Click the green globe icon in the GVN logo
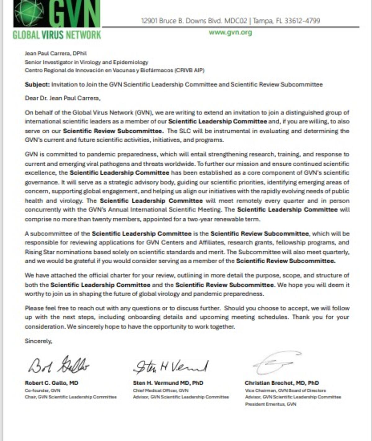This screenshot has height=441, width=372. point(30,13)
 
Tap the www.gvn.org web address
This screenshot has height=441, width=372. point(230,32)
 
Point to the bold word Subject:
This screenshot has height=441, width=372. point(37,84)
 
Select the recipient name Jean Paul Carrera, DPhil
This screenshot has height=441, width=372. point(55,53)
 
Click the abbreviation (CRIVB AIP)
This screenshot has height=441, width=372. point(189,70)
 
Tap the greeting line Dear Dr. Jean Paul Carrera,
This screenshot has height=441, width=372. point(63,98)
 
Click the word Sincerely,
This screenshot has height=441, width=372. point(38,341)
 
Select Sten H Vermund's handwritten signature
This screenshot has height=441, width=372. point(171,366)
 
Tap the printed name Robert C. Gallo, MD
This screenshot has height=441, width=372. point(51,383)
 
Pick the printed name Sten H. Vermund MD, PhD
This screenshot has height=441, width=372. point(168,383)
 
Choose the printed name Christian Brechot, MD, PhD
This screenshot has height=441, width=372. point(282,383)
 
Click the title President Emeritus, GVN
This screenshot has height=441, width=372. point(270,404)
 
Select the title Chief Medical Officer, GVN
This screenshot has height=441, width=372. point(161,390)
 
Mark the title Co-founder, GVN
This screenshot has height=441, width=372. point(42,390)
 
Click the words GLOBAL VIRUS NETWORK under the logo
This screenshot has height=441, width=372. point(57,35)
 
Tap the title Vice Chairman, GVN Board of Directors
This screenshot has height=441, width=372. point(285,390)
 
